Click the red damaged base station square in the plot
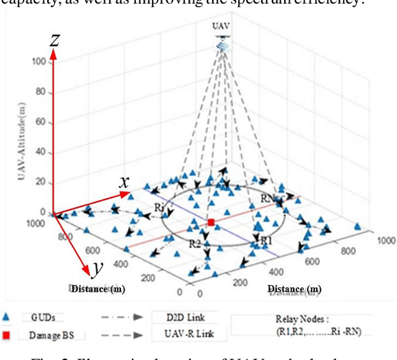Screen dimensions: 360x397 pos(212,222)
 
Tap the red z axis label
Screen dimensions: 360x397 pos(55,41)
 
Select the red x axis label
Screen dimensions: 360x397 pos(124,182)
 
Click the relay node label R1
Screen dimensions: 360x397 pos(265,240)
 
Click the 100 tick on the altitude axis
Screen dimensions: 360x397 pos(39,62)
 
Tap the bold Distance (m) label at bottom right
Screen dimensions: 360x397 pos(295,289)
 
